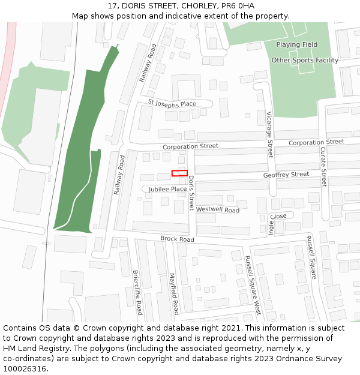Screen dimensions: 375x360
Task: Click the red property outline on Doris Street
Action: pos(179,173)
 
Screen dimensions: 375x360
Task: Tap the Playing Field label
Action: pos(296,45)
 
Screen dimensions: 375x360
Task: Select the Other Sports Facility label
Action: pos(305,61)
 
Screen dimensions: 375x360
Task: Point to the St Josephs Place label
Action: pos(172,103)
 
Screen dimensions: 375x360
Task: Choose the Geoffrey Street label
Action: pos(286,175)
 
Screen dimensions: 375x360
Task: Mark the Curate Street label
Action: pos(323,166)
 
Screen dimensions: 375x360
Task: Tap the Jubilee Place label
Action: pos(168,189)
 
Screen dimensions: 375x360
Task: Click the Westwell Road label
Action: pos(218,210)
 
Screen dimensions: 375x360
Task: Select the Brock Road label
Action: pos(177,239)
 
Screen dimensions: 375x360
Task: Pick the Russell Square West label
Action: pos(253,286)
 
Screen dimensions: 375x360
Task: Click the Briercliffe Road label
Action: pos(137,292)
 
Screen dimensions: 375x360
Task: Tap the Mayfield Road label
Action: pos(173,294)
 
